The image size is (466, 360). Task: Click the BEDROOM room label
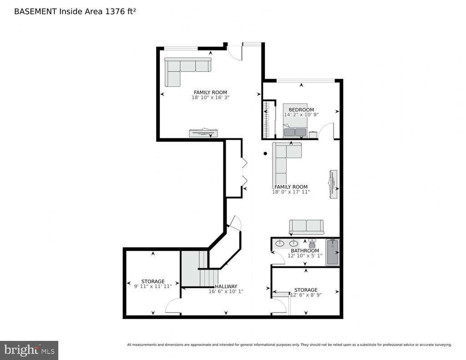301,110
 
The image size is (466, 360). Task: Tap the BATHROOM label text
304,251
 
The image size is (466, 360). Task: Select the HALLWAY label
226,286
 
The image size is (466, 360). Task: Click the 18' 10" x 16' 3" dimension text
210,97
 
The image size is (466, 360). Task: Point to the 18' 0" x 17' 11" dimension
291,192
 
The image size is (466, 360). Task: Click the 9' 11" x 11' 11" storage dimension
153,286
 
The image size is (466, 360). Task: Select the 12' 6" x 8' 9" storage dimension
306,295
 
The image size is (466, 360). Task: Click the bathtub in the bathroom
333,252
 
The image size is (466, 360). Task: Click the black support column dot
265,153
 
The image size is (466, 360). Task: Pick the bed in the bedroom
295,121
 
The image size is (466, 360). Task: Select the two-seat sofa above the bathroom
306,228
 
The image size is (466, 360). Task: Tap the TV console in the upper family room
204,133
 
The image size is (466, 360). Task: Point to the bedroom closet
269,120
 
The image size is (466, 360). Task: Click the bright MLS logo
29,350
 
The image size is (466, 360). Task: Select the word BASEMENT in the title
35,11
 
